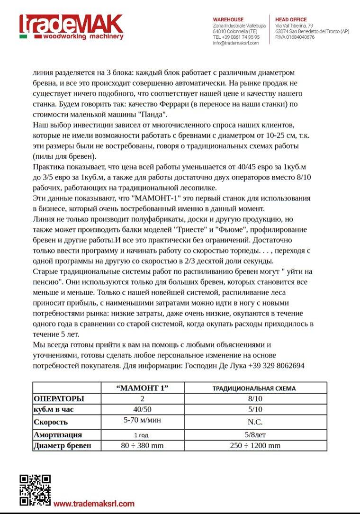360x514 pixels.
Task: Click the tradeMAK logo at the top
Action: [x=71, y=27]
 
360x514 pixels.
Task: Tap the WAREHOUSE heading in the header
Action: [x=228, y=19]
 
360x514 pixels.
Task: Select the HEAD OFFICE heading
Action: [x=291, y=19]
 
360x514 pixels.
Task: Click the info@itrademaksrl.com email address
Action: [x=236, y=43]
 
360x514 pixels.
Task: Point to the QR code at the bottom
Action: [x=35, y=490]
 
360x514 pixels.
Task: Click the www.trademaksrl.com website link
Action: [x=94, y=504]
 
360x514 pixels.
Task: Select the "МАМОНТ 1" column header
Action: [x=142, y=388]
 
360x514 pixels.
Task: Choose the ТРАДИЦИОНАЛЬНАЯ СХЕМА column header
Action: [x=254, y=388]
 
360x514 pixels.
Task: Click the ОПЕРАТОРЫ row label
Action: [x=59, y=399]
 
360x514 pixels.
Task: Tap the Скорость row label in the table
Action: [x=51, y=422]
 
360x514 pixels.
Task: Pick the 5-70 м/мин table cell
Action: [x=142, y=420]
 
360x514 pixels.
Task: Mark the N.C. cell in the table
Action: [x=255, y=422]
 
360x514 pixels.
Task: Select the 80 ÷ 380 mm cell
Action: [x=142, y=445]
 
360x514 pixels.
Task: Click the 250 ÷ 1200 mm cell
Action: [x=255, y=445]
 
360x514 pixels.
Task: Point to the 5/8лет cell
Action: [x=255, y=434]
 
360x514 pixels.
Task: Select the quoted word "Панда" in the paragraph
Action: [x=153, y=114]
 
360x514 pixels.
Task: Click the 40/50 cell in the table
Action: [x=142, y=409]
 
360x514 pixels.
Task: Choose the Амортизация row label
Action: [x=58, y=434]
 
